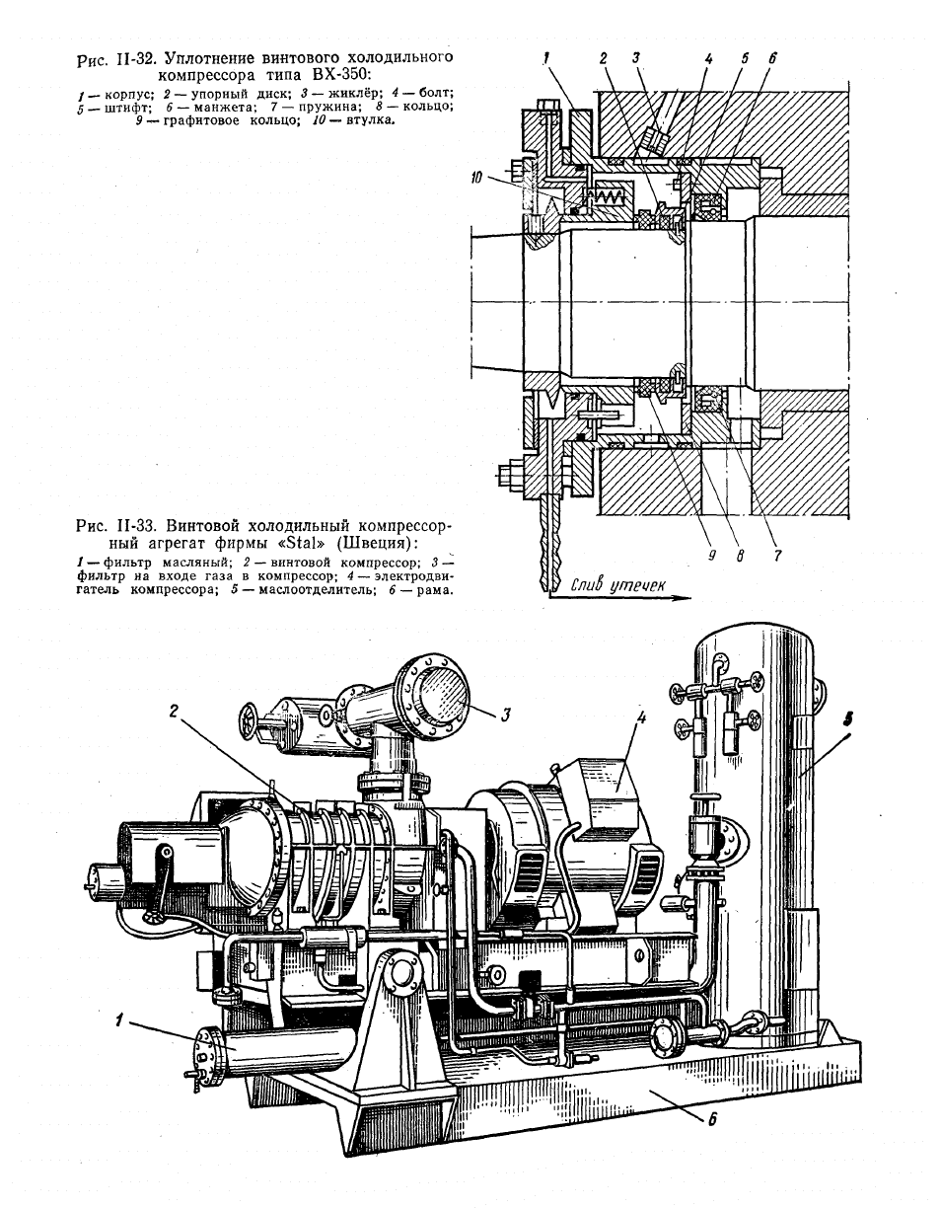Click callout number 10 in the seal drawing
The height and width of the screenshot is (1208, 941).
[477, 178]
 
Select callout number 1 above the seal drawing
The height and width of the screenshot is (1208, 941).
[546, 57]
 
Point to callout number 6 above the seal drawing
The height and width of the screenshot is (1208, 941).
[773, 58]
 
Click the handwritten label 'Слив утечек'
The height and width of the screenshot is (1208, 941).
[617, 585]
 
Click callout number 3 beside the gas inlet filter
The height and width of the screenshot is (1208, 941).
[505, 714]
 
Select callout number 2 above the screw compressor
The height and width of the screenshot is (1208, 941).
[174, 711]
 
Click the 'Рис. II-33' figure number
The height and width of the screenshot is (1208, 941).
[115, 525]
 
